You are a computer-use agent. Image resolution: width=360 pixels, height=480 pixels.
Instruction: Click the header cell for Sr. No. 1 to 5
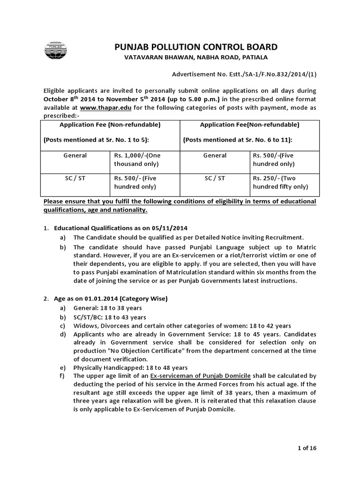[110, 132]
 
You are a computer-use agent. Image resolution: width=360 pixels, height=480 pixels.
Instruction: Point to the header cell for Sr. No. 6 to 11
[249, 132]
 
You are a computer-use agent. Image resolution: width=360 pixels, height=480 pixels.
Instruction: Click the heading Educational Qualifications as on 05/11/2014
[120, 228]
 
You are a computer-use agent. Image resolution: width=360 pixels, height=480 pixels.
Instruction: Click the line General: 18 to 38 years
[107, 308]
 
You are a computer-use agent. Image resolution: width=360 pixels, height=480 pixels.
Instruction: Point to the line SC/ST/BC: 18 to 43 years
[110, 317]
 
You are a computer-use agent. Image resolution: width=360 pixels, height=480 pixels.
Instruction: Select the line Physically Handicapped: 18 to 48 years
[124, 367]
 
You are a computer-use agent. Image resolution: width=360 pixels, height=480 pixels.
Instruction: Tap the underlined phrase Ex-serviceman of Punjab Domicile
[201, 376]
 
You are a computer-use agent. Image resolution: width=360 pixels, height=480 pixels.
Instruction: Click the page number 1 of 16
[307, 448]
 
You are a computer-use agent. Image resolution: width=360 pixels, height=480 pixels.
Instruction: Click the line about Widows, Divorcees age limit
[182, 326]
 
